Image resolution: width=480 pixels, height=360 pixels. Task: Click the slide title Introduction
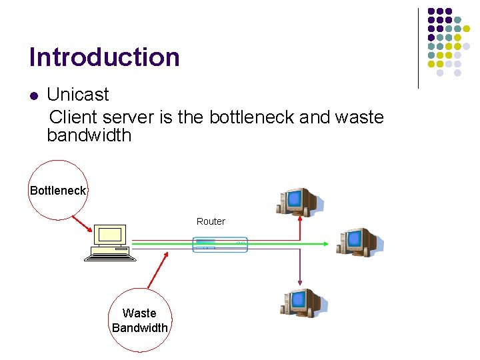coord(105,57)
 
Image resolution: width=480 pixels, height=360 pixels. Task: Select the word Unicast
coord(78,95)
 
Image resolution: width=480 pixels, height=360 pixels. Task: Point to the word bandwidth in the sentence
coord(89,136)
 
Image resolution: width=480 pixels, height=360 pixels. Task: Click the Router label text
coord(211,221)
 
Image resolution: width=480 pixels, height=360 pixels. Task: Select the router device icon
coord(220,245)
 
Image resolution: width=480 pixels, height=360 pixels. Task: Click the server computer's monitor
coord(110,235)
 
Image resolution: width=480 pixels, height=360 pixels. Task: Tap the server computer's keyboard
coord(110,255)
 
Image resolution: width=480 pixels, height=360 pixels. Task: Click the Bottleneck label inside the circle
coord(58,191)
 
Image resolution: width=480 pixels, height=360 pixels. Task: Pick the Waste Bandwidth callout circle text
coord(140,320)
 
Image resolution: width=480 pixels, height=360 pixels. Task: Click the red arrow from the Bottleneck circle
coord(81,223)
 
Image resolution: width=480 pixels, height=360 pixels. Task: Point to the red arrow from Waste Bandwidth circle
coord(157,273)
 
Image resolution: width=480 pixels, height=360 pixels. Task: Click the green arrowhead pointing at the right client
coord(325,244)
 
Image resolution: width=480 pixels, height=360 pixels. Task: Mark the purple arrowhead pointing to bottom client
coord(300,282)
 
